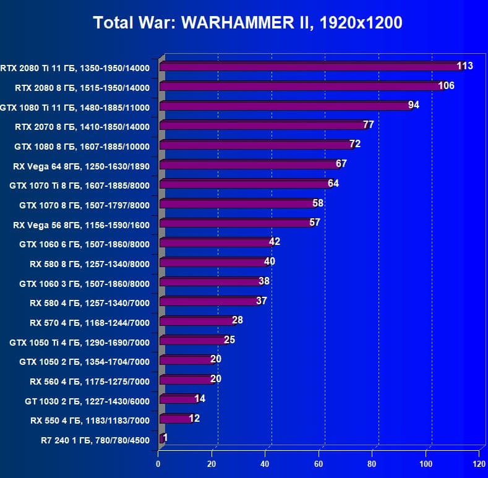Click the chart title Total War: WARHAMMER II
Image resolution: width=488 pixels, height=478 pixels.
click(247, 23)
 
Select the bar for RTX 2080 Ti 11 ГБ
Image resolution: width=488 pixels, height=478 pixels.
click(309, 67)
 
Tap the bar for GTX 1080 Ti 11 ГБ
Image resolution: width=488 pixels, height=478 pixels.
click(285, 106)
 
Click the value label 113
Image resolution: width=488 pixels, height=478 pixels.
click(464, 66)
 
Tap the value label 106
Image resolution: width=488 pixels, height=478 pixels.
click(446, 85)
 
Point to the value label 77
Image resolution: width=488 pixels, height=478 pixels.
click(368, 124)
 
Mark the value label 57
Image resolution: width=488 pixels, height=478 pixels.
click(314, 222)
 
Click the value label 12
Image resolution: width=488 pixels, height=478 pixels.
click(194, 418)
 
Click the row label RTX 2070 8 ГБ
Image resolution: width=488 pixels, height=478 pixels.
click(82, 127)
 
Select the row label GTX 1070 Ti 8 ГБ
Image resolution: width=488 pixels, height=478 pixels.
click(79, 185)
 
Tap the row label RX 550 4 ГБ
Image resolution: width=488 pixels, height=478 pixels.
click(90, 421)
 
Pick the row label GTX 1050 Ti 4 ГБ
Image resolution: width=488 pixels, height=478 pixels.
click(79, 343)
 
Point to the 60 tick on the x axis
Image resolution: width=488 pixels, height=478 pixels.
click(319, 464)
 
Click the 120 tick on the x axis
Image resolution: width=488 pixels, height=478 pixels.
click(478, 464)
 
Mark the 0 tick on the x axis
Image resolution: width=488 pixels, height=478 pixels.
click(158, 464)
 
